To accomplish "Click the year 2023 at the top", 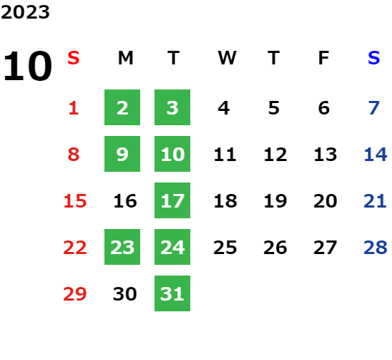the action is pos(25,12).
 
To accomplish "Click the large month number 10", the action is pos(27,66).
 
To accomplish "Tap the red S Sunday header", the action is pos(74,58).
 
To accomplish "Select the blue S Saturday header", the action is pos(373,58).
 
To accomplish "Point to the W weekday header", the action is pos(227,58).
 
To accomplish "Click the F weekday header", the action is pos(324,58).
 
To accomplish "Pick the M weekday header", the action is pos(125,58).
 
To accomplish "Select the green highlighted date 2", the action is pos(122,107).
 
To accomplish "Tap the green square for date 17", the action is pos(172,200).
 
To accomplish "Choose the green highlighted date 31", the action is pos(172,293).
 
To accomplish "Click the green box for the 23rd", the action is pos(122,247).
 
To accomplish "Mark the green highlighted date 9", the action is pos(122,154).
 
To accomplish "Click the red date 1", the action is pos(74,108).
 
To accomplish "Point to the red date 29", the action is pos(74,293).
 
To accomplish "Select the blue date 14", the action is pos(376,155).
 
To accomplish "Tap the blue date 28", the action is pos(376,248).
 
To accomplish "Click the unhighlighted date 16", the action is pos(125,201).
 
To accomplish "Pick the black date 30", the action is pos(125,293).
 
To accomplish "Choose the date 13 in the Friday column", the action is pos(325,155).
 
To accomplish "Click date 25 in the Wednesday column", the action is pos(225,248).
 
